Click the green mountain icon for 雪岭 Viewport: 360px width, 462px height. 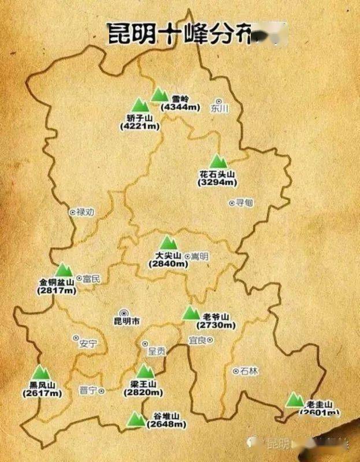(x=159, y=95)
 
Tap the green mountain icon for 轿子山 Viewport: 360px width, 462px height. (x=140, y=105)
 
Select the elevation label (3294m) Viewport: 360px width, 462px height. (x=217, y=182)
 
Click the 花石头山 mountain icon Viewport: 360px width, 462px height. (x=217, y=162)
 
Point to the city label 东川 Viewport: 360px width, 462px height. (x=220, y=108)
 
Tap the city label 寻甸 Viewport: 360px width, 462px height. (x=244, y=203)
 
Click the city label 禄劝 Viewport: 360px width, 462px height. (x=85, y=212)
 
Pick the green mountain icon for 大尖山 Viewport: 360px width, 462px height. (x=168, y=243)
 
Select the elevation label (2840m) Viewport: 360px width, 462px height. (x=168, y=263)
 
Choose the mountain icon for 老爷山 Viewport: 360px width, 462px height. (x=191, y=313)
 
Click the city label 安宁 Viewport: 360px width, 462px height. (x=88, y=343)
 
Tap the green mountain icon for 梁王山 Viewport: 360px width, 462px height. (x=145, y=371)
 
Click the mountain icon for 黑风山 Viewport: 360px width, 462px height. (x=41, y=373)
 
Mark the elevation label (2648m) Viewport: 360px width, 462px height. (x=166, y=424)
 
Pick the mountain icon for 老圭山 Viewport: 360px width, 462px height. (x=295, y=400)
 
